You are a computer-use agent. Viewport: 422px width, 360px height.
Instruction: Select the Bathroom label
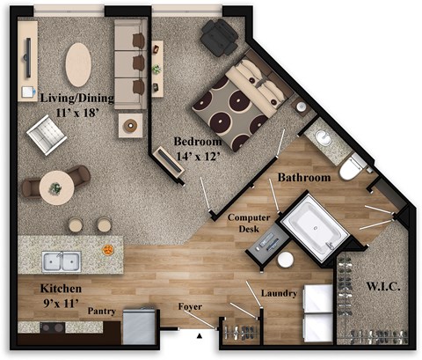click(x=304, y=178)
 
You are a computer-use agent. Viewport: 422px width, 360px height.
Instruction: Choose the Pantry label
click(x=102, y=311)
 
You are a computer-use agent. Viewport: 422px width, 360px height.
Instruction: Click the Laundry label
click(x=279, y=293)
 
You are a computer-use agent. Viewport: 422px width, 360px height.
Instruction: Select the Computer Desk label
click(x=249, y=223)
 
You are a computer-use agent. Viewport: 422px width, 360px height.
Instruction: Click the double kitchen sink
click(x=61, y=261)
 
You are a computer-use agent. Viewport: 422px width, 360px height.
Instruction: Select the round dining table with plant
click(x=57, y=187)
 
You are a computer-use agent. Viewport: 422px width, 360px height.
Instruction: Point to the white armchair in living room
click(x=44, y=135)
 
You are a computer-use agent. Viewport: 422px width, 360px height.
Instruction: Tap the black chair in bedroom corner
click(x=217, y=37)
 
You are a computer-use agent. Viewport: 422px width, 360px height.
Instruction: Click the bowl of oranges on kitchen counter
click(x=107, y=250)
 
